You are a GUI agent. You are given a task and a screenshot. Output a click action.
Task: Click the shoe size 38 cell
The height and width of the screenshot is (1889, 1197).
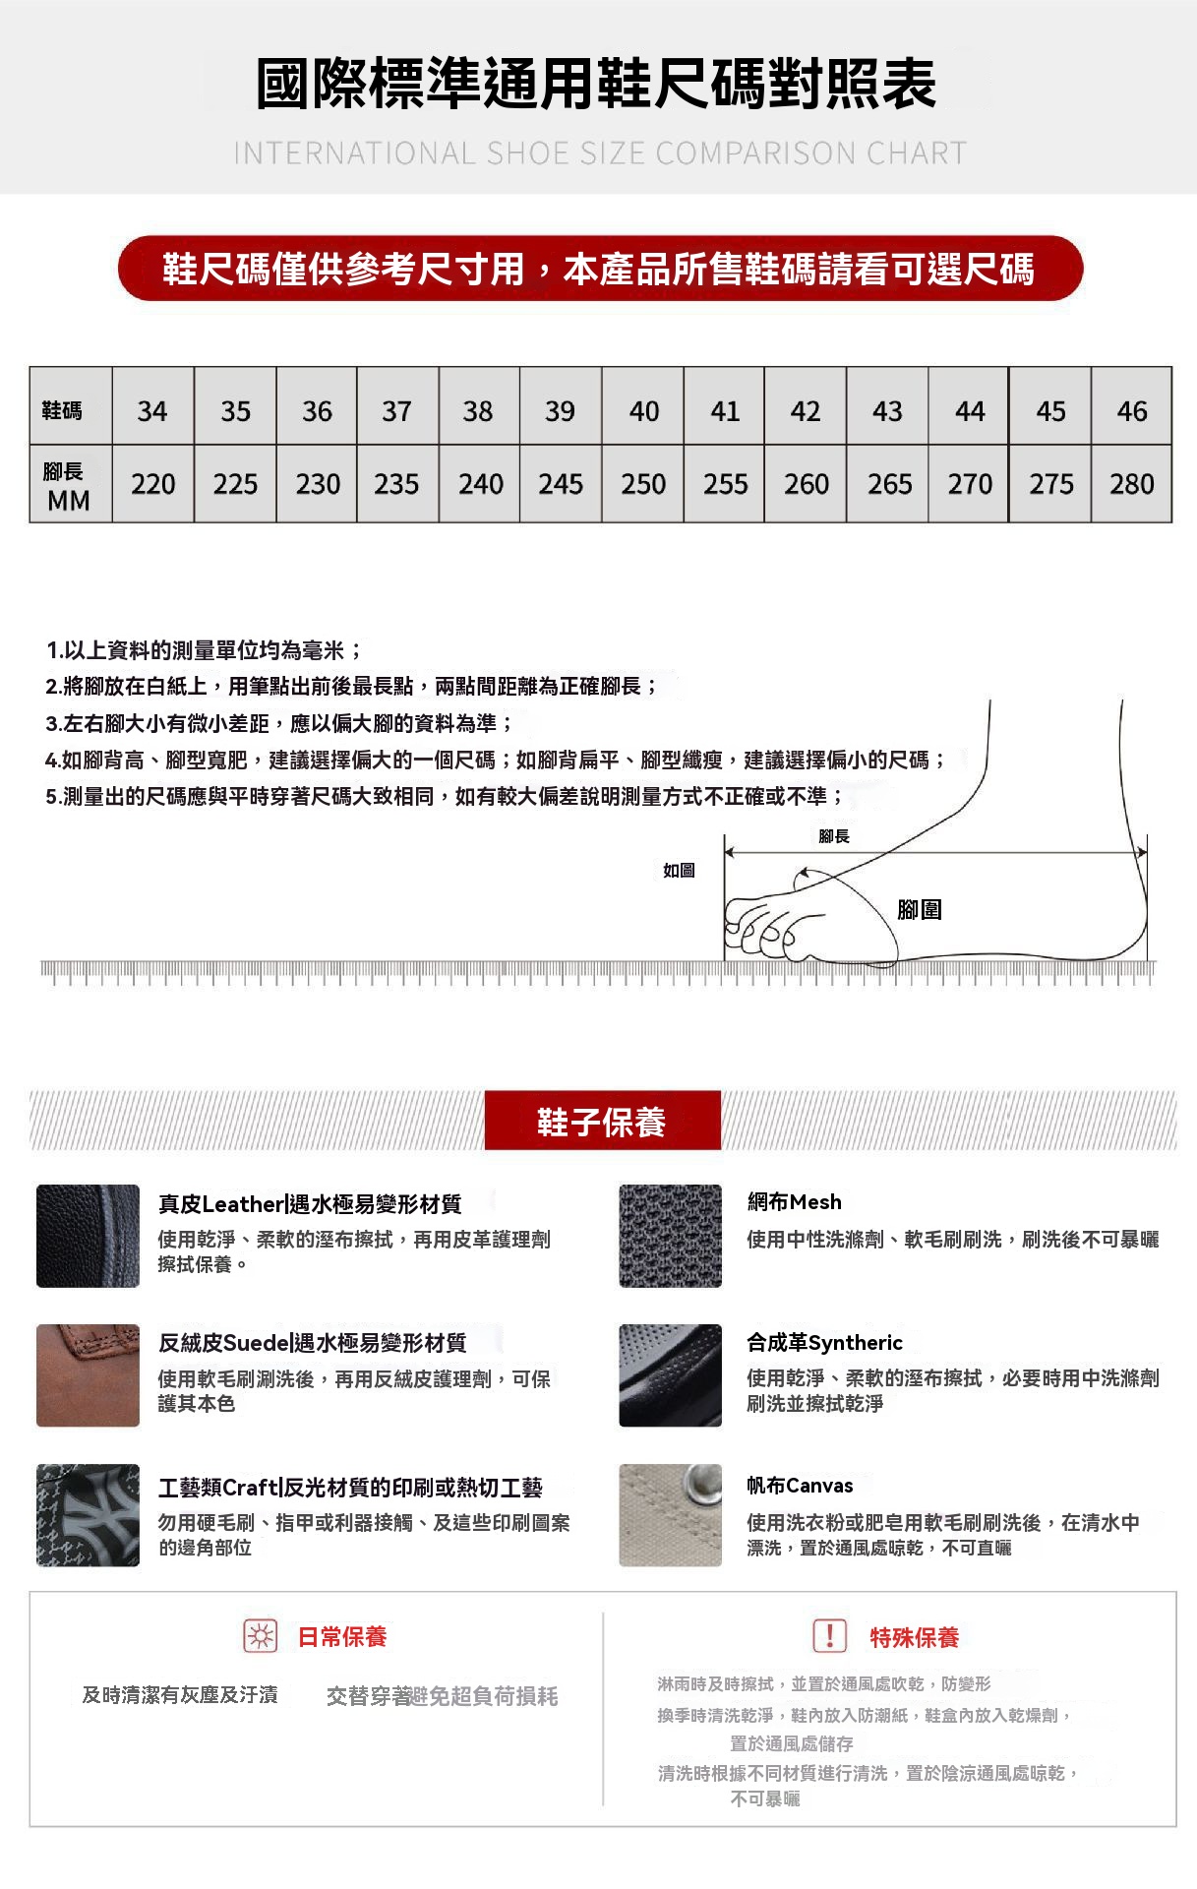coord(478,410)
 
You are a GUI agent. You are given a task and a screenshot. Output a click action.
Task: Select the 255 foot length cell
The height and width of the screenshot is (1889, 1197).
coord(725,484)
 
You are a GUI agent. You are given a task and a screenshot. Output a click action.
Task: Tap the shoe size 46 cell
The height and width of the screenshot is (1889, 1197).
coord(1131,410)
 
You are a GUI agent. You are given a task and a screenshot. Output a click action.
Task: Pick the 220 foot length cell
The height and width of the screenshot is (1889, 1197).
coord(152,484)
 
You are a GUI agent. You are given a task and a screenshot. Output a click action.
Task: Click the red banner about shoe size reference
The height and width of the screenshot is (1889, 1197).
coord(599,269)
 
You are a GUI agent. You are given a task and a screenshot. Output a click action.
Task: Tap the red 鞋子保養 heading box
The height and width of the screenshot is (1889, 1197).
coord(602,1121)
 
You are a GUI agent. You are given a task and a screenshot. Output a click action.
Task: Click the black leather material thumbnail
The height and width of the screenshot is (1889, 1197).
coord(88,1236)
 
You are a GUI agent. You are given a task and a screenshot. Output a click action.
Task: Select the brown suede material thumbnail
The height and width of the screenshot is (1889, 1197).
coord(88,1375)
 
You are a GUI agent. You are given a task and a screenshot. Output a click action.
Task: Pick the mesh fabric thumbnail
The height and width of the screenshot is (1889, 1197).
coord(670,1236)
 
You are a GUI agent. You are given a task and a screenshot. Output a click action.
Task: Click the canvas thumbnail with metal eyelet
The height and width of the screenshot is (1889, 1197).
coord(670,1515)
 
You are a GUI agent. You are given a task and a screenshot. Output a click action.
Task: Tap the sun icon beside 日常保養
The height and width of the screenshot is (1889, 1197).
coord(261,1636)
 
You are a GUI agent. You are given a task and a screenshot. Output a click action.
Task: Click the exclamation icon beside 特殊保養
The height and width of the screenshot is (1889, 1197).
coord(829,1636)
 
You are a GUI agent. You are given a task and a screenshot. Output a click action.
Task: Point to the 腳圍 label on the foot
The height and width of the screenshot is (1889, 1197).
coord(920,910)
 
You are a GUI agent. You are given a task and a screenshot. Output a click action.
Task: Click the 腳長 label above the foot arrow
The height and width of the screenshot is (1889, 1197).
coord(834,836)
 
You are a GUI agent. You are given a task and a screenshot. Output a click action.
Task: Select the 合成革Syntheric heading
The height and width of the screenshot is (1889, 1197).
coord(824,1343)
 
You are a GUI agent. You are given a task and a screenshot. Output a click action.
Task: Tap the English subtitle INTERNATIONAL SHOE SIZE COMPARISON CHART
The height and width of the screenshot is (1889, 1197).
coord(599,153)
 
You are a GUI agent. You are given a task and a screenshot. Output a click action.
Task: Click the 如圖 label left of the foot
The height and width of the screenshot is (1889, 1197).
coord(679,871)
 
